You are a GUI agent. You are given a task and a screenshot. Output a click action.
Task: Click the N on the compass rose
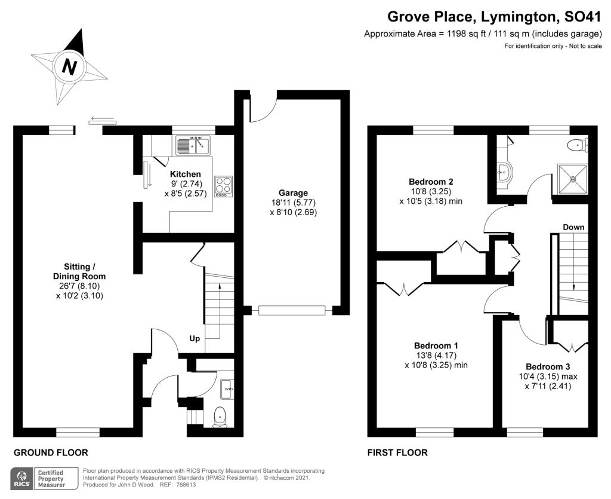69,67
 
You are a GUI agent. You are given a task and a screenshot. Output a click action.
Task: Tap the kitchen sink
193,145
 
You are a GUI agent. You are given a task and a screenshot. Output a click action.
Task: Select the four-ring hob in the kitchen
223,185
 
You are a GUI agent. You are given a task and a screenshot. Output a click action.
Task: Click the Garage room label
293,193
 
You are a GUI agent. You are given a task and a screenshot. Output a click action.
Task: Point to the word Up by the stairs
195,338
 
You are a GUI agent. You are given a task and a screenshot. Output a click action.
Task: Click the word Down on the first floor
573,227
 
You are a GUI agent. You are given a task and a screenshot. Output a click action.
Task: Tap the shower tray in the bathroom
572,179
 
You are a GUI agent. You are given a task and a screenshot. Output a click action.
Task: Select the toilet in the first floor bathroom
579,146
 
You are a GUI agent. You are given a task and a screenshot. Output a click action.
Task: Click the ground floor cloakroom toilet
220,417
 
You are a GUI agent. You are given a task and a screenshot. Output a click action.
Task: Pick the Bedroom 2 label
431,182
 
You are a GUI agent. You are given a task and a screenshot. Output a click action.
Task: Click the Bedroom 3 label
548,366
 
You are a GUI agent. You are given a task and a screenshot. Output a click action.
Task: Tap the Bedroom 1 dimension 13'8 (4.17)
436,355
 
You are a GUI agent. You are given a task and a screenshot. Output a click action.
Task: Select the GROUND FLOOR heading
51,452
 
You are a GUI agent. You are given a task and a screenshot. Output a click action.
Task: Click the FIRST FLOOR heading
397,452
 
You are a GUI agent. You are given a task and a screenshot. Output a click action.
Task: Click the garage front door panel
291,311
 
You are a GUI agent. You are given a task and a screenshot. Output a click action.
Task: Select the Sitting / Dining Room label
79,271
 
